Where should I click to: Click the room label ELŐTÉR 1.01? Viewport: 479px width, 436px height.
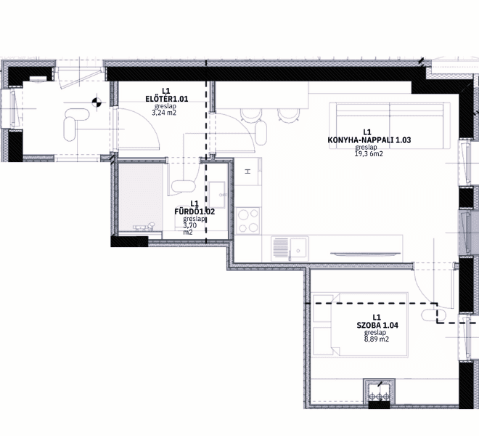[166, 99]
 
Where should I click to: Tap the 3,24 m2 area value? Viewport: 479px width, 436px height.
[164, 113]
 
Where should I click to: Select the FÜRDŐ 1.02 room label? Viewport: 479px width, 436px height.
[195, 211]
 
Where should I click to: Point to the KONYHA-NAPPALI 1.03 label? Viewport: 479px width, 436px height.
[369, 140]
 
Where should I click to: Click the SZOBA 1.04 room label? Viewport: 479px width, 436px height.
[377, 326]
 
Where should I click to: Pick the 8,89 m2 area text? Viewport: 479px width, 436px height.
[377, 339]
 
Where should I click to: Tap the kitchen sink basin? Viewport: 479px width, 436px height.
[298, 249]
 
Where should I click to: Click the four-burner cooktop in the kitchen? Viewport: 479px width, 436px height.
[248, 221]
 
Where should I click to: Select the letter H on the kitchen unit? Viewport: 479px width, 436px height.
[248, 171]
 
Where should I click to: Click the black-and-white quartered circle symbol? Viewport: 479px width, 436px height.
[97, 102]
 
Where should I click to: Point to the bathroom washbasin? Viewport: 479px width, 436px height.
[217, 195]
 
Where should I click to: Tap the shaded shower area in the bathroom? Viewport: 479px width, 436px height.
[140, 198]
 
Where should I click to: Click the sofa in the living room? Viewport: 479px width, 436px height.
[390, 126]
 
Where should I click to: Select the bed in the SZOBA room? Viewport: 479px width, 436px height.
[360, 324]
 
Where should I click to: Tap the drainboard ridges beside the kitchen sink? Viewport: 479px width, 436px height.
[280, 249]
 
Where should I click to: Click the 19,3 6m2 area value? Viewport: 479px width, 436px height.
[369, 153]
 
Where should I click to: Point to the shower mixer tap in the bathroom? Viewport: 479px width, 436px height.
[144, 227]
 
